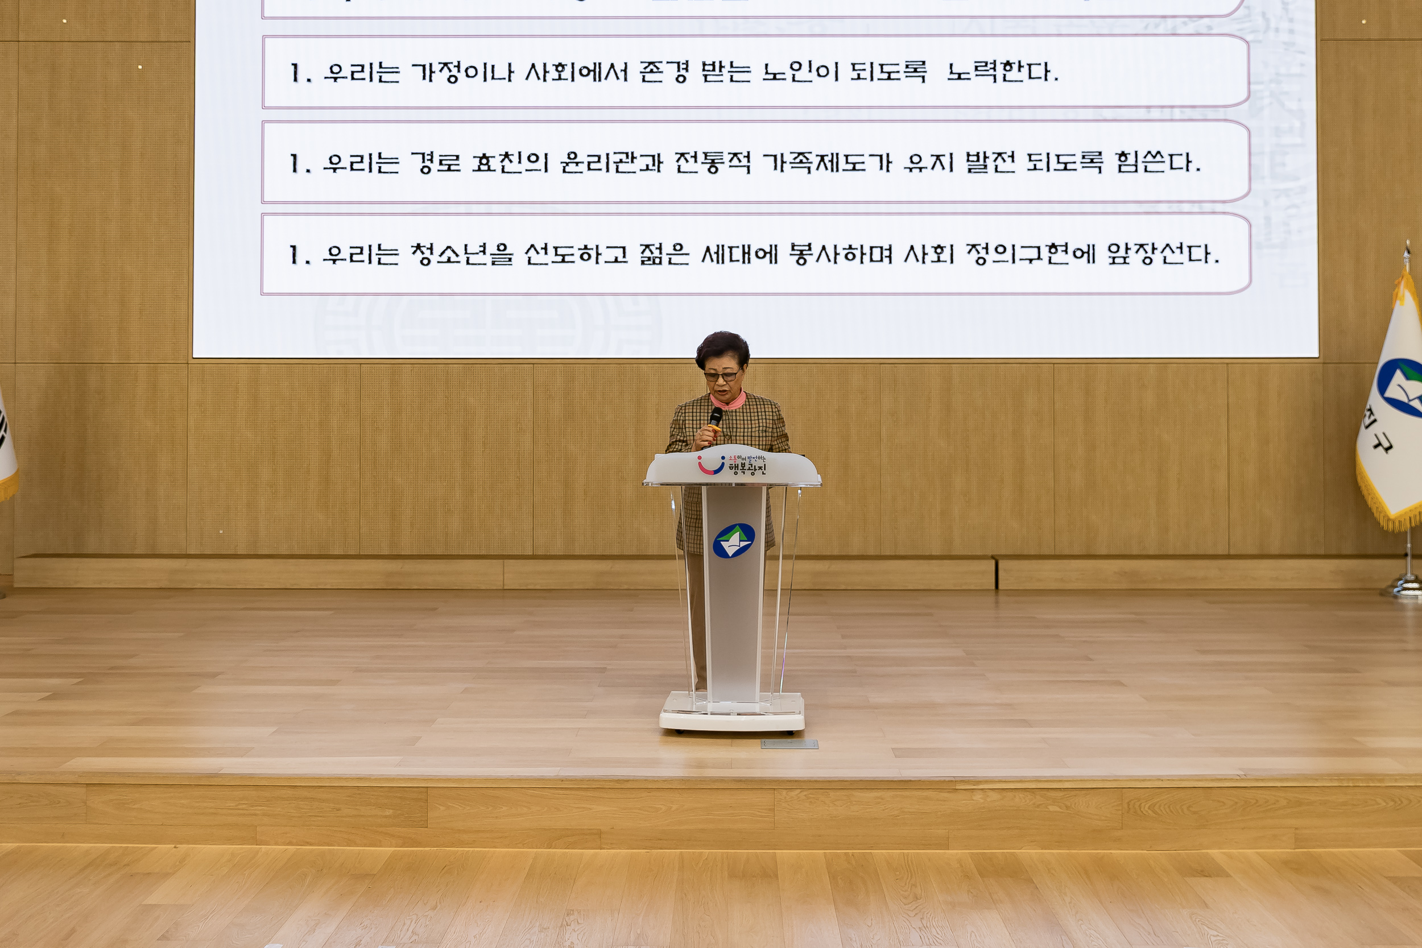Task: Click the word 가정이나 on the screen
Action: (462, 73)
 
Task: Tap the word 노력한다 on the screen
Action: (1002, 73)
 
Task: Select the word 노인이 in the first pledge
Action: (800, 73)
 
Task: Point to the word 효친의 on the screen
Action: (510, 163)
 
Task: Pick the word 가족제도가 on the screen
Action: (826, 163)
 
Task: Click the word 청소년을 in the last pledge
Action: (461, 255)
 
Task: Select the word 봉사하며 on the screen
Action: (840, 255)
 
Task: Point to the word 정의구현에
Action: (1030, 255)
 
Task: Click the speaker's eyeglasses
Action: (721, 376)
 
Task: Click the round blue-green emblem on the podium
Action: (733, 540)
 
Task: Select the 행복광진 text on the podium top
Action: (747, 468)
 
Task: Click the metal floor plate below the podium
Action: (789, 744)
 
